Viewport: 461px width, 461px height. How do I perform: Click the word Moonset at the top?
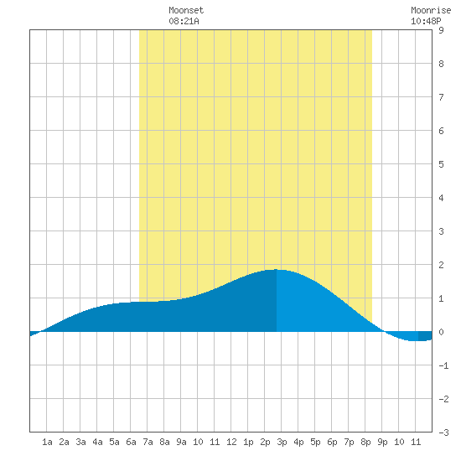pyautogui.click(x=186, y=10)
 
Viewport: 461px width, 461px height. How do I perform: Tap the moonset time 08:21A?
pyautogui.click(x=184, y=21)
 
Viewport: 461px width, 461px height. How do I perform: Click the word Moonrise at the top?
pyautogui.click(x=431, y=10)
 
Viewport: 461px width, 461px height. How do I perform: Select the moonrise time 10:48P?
pyautogui.click(x=426, y=21)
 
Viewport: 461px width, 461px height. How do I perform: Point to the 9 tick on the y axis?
pyautogui.click(x=441, y=30)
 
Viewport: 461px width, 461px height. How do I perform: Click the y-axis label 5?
pyautogui.click(x=441, y=164)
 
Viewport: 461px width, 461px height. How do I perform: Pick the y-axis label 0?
pyautogui.click(x=441, y=332)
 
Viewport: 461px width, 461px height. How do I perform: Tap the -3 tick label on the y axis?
pyautogui.click(x=443, y=433)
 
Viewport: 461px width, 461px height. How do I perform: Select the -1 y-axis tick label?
pyautogui.click(x=443, y=365)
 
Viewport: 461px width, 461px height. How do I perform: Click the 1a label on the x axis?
pyautogui.click(x=47, y=442)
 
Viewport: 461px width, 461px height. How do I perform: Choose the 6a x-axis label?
pyautogui.click(x=131, y=442)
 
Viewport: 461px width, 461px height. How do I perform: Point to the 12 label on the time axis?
pyautogui.click(x=231, y=442)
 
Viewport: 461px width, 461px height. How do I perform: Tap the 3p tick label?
pyautogui.click(x=282, y=442)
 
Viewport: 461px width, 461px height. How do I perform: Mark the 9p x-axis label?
pyautogui.click(x=382, y=442)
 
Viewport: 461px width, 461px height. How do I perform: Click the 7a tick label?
pyautogui.click(x=148, y=442)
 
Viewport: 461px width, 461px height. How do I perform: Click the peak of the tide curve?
pyautogui.click(x=276, y=269)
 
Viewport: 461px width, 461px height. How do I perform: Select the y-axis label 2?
pyautogui.click(x=441, y=265)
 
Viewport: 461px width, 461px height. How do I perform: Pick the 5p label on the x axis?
pyautogui.click(x=315, y=442)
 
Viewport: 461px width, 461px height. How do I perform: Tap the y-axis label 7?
pyautogui.click(x=441, y=97)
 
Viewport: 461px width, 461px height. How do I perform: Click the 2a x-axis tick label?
pyautogui.click(x=64, y=442)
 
